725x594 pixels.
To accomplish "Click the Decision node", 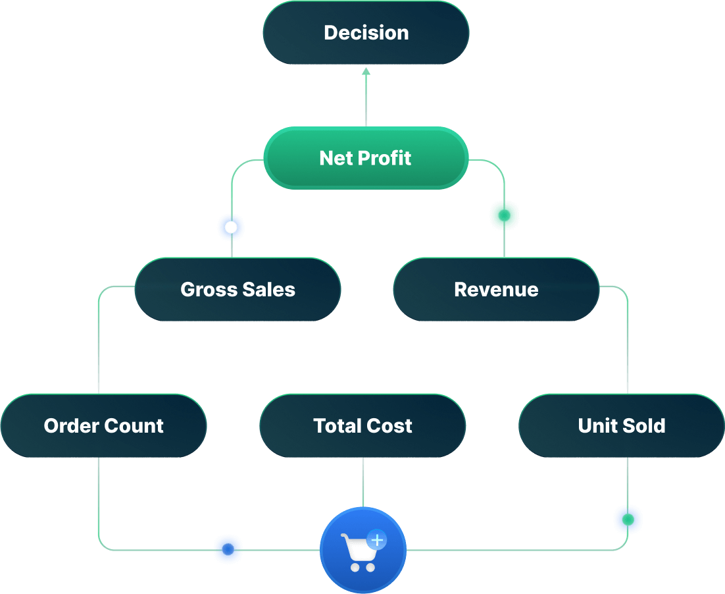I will coord(366,32).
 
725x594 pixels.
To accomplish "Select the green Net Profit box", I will coord(366,158).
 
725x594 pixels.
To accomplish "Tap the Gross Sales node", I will coord(238,289).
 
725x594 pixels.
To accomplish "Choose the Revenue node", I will coord(496,289).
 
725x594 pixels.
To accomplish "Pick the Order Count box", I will coord(103,425).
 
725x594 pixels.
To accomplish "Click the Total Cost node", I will coord(362,425).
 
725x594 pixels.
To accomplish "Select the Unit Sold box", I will coord(621,425).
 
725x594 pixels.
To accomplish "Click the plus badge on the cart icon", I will coord(377,540).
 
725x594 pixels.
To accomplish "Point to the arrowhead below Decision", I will coord(366,71).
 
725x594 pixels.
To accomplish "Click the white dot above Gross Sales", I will coord(231,227).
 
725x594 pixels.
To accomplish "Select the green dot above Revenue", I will coord(504,215).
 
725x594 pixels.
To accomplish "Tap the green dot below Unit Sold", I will coord(628,520).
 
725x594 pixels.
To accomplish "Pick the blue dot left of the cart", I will coord(228,549).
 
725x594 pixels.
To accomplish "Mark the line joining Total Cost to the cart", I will coord(363,482).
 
